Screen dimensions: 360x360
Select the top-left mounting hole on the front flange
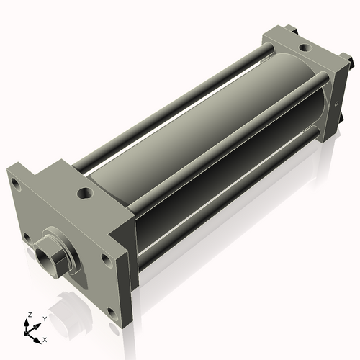[x=16, y=184]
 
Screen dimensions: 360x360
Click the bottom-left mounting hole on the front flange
[x=27, y=238]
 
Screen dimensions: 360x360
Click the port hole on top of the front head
[x=85, y=192]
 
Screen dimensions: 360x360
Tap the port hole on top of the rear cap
[x=305, y=47]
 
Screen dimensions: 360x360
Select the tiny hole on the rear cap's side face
[x=336, y=104]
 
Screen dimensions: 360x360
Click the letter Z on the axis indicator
[x=30, y=315]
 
